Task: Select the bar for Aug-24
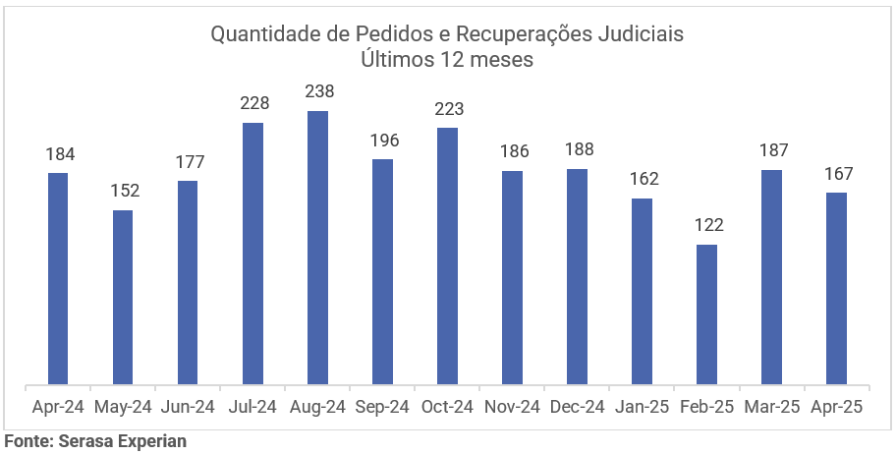pos(317,247)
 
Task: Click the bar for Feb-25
pos(706,313)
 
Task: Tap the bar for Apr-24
pos(58,278)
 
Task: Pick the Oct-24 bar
pos(447,256)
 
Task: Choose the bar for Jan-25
pos(642,291)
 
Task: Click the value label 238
pos(318,91)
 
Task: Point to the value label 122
pos(706,225)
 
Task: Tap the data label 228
pos(253,103)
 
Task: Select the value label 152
pos(124,191)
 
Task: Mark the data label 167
pos(837,173)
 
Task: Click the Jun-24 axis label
pos(188,407)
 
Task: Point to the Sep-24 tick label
pos(382,407)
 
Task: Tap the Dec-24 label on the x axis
pos(577,407)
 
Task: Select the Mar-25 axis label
pos(771,407)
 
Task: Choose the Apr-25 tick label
pos(836,407)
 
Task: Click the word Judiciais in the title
pos(640,34)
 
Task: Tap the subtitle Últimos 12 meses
pos(447,59)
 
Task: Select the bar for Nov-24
pos(512,277)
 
